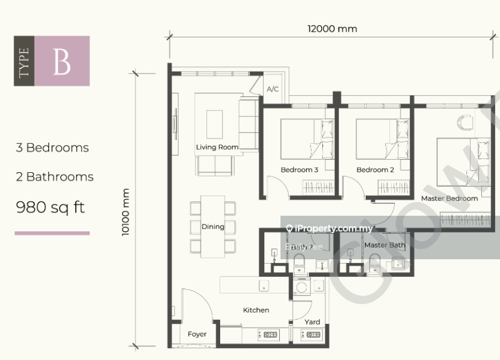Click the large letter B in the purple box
(x=62, y=61)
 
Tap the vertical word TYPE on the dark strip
(x=24, y=61)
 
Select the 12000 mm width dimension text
(x=332, y=29)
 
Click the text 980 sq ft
(x=50, y=207)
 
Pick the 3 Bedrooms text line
(x=52, y=148)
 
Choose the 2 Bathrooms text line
(x=55, y=177)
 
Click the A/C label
(x=272, y=90)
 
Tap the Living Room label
(x=217, y=147)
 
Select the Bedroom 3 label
(x=299, y=170)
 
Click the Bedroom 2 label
(x=375, y=170)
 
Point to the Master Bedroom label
(x=449, y=198)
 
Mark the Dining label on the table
(x=213, y=226)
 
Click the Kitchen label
(x=256, y=310)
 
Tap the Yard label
(x=312, y=321)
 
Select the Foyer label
(x=197, y=335)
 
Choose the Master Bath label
(x=384, y=245)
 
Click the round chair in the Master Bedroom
(x=464, y=122)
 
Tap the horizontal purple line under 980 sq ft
(x=52, y=233)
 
